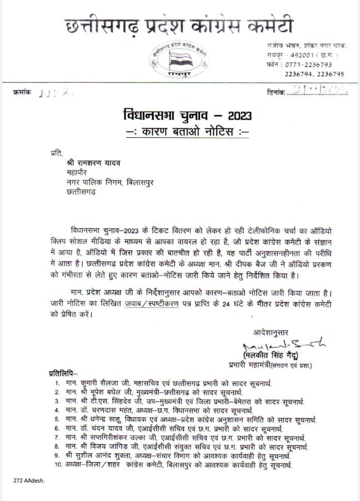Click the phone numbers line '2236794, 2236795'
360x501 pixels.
[314, 74]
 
